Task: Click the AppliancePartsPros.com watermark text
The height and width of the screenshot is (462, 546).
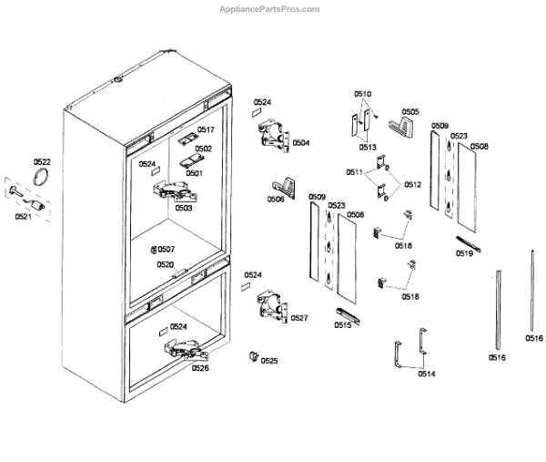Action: point(270,9)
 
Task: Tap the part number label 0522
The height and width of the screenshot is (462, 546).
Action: point(43,161)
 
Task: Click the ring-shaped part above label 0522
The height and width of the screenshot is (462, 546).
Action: point(40,177)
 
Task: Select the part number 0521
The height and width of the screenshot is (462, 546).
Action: point(23,217)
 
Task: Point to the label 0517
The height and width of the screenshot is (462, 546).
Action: point(206,130)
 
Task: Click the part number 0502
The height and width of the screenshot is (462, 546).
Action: point(203,149)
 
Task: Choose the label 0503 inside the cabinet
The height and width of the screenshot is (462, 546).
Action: point(184,208)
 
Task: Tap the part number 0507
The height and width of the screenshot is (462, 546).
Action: point(166,250)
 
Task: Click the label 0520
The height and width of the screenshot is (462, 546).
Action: point(165,264)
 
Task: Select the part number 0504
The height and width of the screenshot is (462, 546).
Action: point(300,142)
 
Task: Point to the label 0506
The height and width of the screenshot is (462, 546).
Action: point(275,199)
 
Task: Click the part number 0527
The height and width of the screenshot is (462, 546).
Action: point(299,317)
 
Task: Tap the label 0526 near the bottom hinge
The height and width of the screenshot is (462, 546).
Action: point(200,368)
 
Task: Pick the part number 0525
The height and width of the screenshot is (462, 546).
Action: point(269,361)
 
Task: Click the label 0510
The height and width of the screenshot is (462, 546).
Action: point(362,94)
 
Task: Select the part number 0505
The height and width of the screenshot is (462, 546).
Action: point(410,112)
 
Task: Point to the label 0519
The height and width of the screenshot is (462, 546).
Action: point(464,254)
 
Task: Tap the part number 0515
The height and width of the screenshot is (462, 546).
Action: point(342,324)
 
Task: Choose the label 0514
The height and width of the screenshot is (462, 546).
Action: point(426,374)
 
